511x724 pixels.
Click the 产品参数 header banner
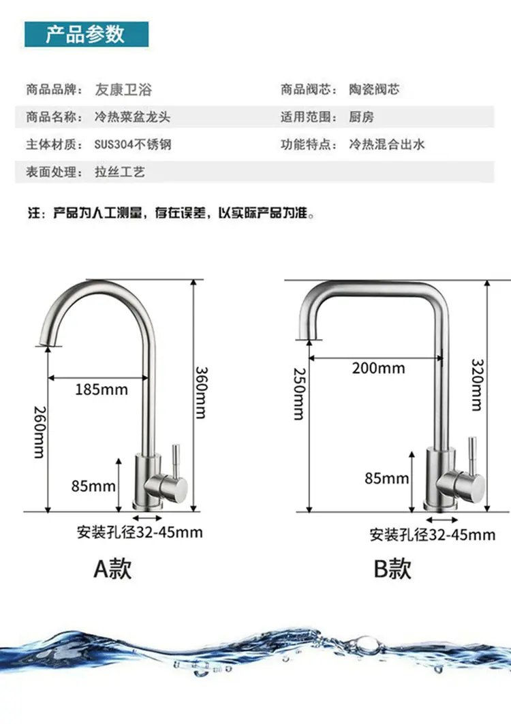(87, 34)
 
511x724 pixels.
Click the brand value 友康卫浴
(123, 89)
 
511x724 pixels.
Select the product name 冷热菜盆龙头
(133, 117)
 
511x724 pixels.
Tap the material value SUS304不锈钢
(133, 144)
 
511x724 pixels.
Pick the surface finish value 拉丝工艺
(120, 172)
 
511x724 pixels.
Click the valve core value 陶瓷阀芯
(374, 89)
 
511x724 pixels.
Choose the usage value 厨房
(361, 117)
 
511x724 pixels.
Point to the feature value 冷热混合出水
(387, 144)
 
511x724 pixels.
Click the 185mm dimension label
(102, 390)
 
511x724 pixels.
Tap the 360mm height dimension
(201, 392)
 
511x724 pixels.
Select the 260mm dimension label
(40, 432)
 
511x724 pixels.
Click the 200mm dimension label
(378, 368)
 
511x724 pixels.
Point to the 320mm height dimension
(477, 385)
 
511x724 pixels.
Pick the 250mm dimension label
(300, 394)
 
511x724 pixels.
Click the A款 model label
(112, 569)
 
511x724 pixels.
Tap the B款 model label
(392, 569)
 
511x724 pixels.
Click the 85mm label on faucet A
(93, 486)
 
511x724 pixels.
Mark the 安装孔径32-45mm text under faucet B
(433, 535)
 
